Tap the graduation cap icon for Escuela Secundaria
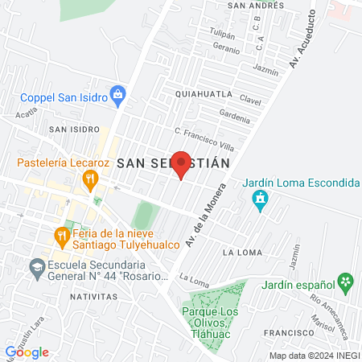tap(36, 268)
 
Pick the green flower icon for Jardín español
tap(345, 282)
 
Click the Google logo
tap(27, 352)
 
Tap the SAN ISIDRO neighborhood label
tap(73, 129)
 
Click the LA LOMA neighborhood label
tap(240, 253)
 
